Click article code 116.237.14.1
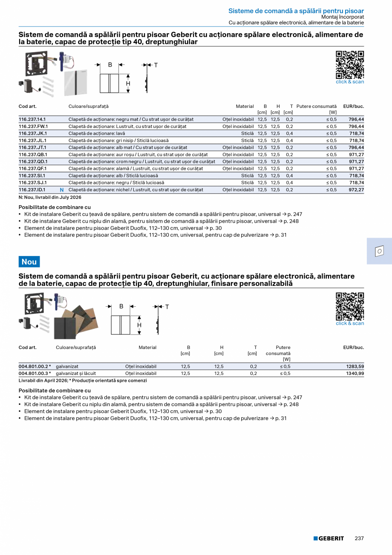point(32,119)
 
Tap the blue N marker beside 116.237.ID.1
point(61,190)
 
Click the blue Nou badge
point(29,262)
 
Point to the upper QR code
point(350,65)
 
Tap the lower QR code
point(350,306)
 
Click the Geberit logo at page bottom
point(329,538)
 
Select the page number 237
point(359,538)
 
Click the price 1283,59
point(355,366)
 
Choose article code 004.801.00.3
point(34,373)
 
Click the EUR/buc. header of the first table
point(353,106)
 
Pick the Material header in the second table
point(147,348)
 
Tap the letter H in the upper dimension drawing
point(128,84)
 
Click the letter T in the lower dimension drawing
point(167,307)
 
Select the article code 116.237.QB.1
point(33,154)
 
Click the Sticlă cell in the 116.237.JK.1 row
point(247,134)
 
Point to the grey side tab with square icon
point(379,251)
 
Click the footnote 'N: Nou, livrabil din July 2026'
point(50,197)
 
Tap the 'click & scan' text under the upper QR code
point(350,82)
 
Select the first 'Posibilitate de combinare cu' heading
point(55,207)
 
